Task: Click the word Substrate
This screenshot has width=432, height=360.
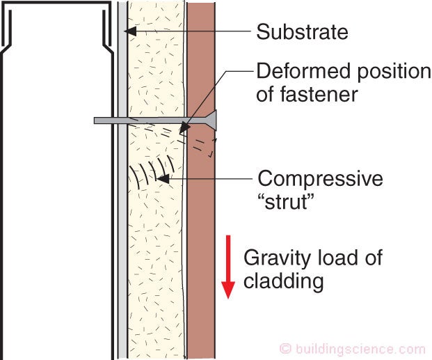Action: (302, 32)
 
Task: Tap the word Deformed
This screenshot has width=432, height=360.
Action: (304, 71)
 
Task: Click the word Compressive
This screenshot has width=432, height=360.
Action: (320, 179)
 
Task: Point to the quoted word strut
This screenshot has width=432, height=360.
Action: (287, 202)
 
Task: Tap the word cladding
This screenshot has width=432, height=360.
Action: (284, 281)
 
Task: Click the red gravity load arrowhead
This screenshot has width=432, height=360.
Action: (228, 290)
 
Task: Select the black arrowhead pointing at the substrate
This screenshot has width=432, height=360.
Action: (130, 31)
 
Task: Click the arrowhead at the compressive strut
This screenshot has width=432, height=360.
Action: (163, 179)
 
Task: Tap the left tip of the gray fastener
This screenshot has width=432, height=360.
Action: (95, 120)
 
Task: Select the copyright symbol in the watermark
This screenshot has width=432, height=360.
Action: (285, 349)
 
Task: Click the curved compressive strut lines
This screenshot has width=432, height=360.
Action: (152, 172)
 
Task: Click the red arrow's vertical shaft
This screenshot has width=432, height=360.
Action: (228, 258)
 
